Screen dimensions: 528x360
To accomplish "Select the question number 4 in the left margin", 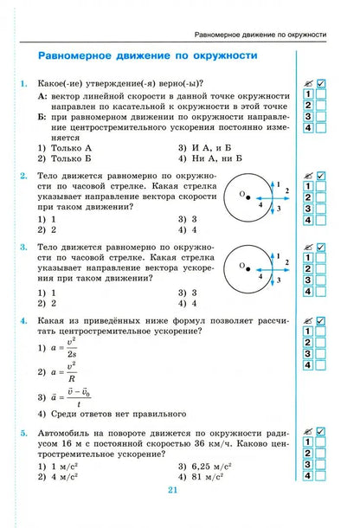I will click(x=22, y=320).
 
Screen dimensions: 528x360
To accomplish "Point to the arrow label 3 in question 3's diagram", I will click(x=280, y=282).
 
